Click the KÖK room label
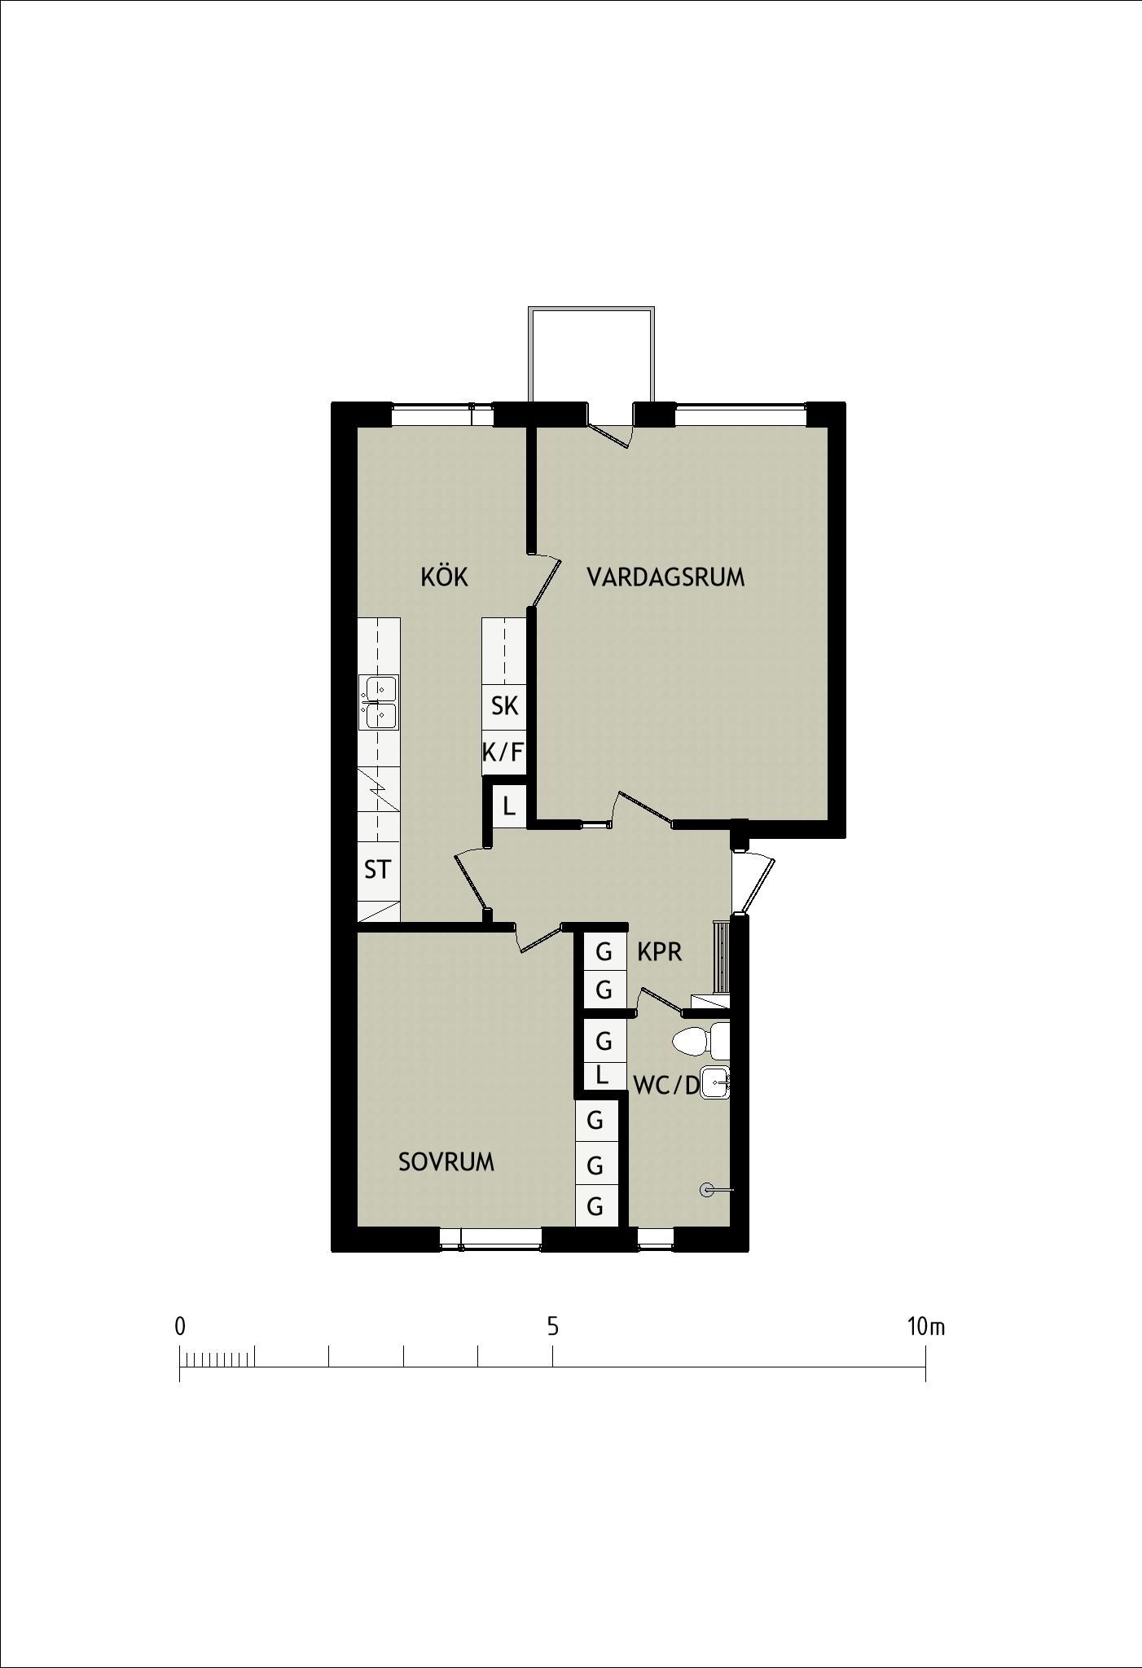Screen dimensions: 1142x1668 [x=444, y=577]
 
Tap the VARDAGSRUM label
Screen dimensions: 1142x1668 [x=665, y=577]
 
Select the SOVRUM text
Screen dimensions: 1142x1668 [x=446, y=1162]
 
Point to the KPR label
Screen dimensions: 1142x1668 [x=659, y=951]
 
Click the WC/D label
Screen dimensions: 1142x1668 [x=666, y=1085]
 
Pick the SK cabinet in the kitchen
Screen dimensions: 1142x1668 [x=505, y=706]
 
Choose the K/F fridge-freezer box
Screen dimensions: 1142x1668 [x=503, y=753]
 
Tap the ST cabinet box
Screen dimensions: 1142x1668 [x=378, y=870]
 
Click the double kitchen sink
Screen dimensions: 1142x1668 [x=379, y=702]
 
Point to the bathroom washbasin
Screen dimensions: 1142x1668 [x=715, y=1082]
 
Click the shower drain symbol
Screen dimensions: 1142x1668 [x=706, y=1190]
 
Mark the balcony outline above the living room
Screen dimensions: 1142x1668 [x=591, y=309]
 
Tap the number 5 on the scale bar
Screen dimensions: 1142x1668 [x=553, y=1327]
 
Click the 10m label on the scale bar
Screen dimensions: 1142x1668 [x=926, y=1327]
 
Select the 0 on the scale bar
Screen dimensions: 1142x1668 [x=180, y=1327]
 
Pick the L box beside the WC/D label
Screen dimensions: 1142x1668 [x=603, y=1075]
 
